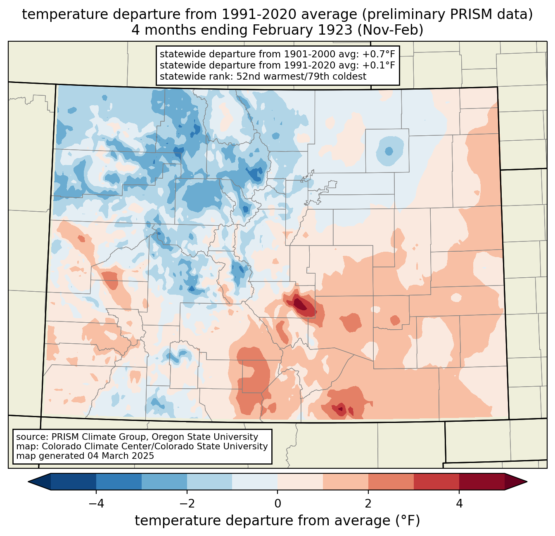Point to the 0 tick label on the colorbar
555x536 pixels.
[277, 503]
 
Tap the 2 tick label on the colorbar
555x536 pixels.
[368, 503]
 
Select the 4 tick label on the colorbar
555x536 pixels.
[459, 503]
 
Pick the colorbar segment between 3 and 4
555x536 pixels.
[436, 482]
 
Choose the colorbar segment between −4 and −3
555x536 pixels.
[119, 482]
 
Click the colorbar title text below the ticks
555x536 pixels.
[277, 521]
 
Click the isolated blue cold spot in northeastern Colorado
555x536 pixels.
[389, 151]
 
